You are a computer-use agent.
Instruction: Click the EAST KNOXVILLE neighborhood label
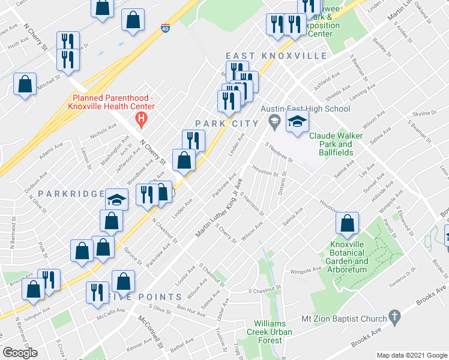[276, 56]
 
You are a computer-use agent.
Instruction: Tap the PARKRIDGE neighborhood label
[64, 194]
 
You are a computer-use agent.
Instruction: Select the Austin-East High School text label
[305, 109]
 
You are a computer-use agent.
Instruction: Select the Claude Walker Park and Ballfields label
[336, 144]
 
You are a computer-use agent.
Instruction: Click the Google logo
[21, 352]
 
